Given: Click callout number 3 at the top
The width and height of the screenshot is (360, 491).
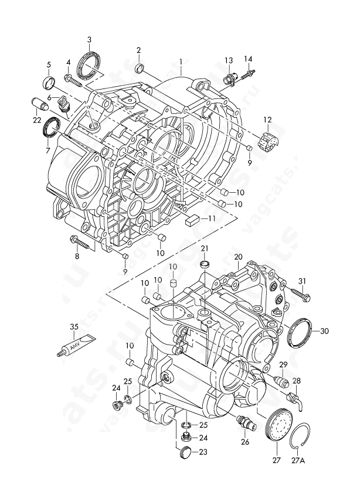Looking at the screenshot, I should [x=89, y=40].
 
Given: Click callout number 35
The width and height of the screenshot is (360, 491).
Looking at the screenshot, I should [x=74, y=326].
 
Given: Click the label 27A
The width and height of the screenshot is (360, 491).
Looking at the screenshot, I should [x=298, y=461].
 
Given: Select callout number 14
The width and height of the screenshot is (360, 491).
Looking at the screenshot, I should [x=248, y=58].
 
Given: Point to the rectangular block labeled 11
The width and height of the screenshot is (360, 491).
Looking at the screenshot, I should [x=192, y=220].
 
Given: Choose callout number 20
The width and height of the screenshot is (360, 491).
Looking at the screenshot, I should [x=238, y=257].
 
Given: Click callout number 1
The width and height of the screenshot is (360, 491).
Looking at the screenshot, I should [x=182, y=61].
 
